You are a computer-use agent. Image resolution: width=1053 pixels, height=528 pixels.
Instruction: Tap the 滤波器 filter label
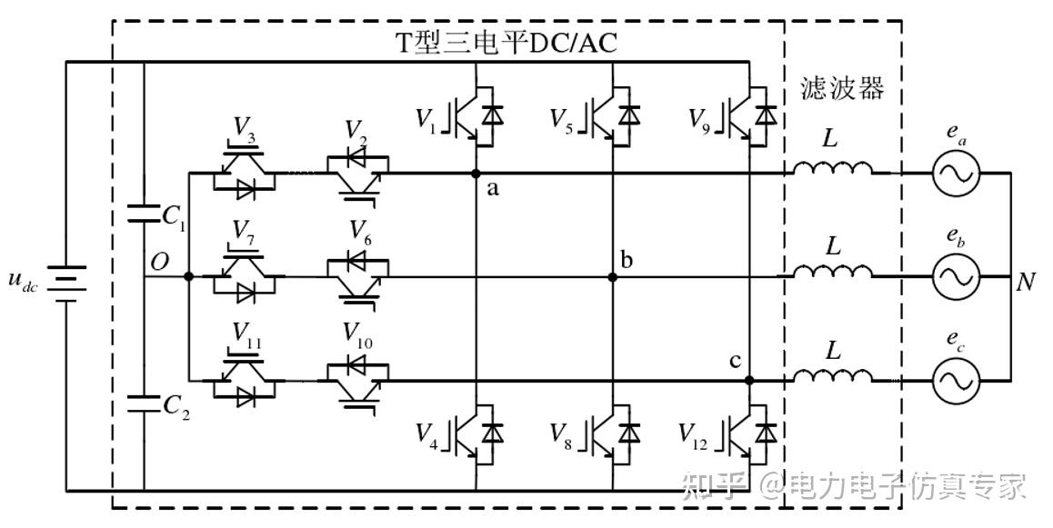coord(842,89)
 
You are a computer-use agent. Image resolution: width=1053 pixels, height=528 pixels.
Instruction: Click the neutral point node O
coord(188,276)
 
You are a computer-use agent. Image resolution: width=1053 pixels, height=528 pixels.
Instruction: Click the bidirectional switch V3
coord(241,173)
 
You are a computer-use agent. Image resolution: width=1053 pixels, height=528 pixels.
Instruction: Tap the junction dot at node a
coord(476,173)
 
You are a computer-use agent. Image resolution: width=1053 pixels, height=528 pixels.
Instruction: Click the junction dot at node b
coord(613,277)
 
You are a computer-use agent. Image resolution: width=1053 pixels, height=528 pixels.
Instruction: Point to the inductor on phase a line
coord(831,170)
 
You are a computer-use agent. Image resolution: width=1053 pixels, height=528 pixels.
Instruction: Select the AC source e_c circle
coord(956,380)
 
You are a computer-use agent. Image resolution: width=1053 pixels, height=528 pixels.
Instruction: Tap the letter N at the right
coord(1026,282)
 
